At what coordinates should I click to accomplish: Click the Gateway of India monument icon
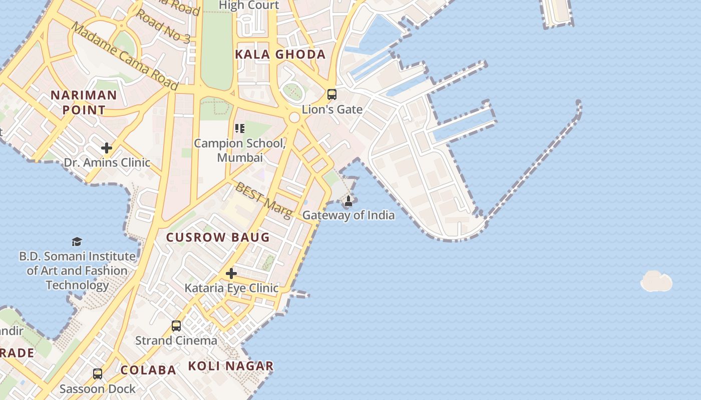point(348,201)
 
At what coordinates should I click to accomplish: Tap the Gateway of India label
point(348,215)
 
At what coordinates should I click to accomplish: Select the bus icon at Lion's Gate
point(331,94)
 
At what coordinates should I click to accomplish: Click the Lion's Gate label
point(332,109)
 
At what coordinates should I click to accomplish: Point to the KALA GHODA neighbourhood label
point(280,54)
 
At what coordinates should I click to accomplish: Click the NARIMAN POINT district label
point(84,102)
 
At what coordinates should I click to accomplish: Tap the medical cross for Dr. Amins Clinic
point(106,148)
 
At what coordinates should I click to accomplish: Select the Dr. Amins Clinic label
point(107,162)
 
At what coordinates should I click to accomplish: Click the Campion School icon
point(240,128)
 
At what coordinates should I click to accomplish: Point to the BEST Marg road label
point(263,200)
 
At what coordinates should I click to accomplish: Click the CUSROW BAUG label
point(218,237)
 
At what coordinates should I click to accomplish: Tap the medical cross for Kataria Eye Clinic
point(231,273)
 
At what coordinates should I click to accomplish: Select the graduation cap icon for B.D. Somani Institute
point(77,242)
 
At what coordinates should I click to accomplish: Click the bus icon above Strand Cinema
point(176,326)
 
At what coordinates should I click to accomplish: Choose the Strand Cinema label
point(176,341)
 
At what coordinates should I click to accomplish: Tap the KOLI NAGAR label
point(231,366)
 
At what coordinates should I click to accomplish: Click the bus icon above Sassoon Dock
point(98,373)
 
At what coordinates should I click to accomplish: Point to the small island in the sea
point(656,281)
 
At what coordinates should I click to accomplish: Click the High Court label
point(249,5)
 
